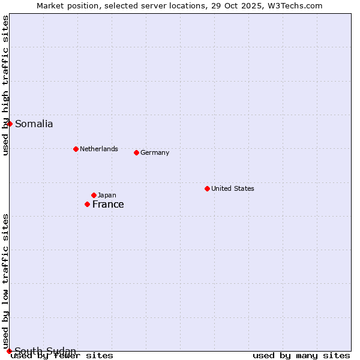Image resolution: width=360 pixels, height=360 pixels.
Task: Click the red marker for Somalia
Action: [x=10, y=124]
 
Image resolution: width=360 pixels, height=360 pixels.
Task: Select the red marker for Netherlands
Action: [x=76, y=149]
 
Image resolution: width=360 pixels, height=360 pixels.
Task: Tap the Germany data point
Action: [x=136, y=152]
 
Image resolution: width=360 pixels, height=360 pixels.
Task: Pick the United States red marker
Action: [x=207, y=188]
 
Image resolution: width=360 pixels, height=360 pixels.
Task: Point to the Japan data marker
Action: [x=94, y=195]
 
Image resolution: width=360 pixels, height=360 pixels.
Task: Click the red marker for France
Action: [x=87, y=205]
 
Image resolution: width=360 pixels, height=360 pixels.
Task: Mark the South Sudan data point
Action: [x=9, y=351]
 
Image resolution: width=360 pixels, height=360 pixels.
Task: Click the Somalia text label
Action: [x=34, y=124]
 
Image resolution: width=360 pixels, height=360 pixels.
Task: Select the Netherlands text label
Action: [x=98, y=149]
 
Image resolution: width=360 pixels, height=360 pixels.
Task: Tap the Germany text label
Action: [x=155, y=152]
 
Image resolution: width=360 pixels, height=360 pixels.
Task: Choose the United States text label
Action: [x=232, y=188]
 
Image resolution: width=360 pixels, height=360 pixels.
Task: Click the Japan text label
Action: [x=107, y=195]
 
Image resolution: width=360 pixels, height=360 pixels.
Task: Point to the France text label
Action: [x=108, y=205]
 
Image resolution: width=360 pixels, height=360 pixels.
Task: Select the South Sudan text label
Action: [x=45, y=351]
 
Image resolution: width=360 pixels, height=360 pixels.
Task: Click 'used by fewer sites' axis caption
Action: [x=62, y=355]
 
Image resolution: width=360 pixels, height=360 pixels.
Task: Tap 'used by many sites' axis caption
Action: [x=301, y=355]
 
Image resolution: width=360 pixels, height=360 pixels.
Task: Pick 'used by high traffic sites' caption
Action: [x=5, y=85]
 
